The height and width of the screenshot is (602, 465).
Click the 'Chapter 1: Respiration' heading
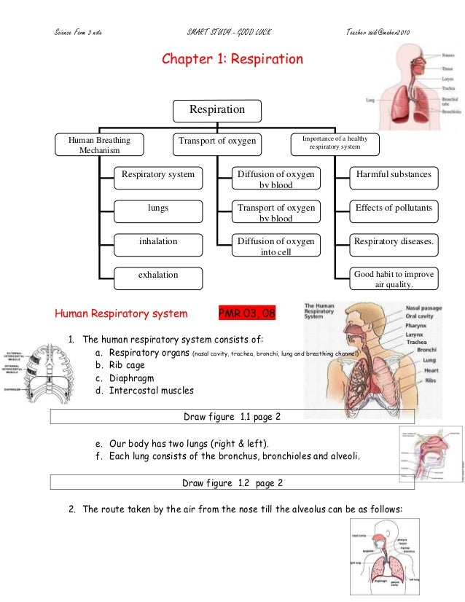[232, 59]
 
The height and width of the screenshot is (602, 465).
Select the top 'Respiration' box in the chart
[216, 110]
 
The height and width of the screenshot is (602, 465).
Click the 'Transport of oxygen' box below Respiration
[216, 141]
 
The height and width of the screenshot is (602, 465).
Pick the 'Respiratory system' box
[158, 175]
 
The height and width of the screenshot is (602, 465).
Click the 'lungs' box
[158, 208]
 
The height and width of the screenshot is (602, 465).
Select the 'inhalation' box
[158, 241]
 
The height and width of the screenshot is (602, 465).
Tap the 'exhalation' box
[158, 275]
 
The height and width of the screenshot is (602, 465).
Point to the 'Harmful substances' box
[394, 175]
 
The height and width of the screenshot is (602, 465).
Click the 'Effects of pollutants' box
[394, 208]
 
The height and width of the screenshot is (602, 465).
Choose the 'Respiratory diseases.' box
[394, 241]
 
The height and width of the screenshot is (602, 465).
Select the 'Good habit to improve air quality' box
[394, 279]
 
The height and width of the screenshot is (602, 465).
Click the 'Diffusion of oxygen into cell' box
[276, 246]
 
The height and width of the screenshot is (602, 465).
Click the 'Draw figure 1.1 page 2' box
[232, 417]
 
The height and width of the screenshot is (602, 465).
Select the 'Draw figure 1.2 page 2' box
[232, 482]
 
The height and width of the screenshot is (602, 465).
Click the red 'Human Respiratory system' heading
[121, 315]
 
